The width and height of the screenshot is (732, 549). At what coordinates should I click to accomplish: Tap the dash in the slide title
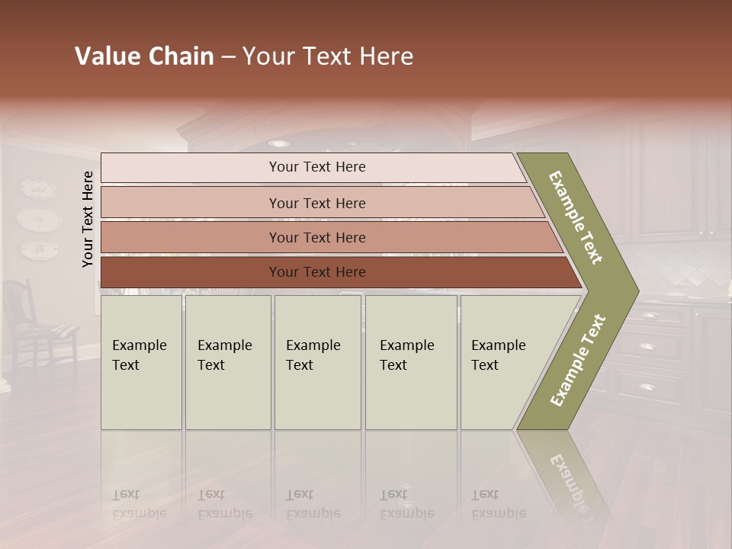click(228, 57)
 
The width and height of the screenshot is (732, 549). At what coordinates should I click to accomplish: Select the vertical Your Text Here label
click(88, 219)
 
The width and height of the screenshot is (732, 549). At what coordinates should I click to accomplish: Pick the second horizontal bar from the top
click(317, 203)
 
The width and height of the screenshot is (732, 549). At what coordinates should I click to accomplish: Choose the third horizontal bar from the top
click(317, 237)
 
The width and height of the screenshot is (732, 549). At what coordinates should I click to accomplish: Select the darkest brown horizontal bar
click(317, 272)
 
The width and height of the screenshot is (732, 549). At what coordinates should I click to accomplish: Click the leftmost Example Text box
click(141, 362)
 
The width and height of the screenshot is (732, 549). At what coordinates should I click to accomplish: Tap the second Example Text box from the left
click(227, 362)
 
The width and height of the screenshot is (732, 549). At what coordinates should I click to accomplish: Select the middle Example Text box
click(317, 362)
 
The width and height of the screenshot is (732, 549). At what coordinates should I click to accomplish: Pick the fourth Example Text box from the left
click(410, 362)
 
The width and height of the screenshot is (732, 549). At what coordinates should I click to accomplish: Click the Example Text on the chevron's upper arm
click(576, 217)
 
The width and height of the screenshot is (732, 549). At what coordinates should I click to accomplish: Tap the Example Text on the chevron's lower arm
click(578, 361)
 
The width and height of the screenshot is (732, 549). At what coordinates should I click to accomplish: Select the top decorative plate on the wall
click(37, 189)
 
